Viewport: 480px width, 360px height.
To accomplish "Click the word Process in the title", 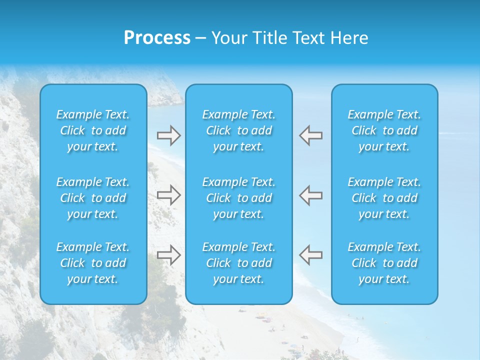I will [157, 38].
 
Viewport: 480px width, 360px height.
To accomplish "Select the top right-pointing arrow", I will [168, 135].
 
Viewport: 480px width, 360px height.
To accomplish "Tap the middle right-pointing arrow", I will [168, 195].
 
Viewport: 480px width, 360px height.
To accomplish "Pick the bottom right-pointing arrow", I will [168, 255].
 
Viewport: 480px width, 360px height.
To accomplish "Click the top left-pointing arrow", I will [310, 135].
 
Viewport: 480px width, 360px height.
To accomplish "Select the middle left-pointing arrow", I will [310, 195].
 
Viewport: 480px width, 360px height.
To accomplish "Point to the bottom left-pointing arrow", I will [310, 255].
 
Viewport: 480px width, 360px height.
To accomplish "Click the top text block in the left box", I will [93, 130].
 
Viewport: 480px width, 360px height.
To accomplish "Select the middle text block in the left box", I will [93, 198].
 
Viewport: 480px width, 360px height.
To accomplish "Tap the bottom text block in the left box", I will [93, 263].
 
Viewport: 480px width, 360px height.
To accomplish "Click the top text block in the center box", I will [239, 130].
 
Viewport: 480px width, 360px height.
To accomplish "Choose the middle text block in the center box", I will [239, 198].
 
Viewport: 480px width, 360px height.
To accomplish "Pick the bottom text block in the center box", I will [239, 263].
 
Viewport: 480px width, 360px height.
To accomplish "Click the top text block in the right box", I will [384, 130].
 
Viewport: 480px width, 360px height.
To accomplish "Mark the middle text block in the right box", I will [384, 198].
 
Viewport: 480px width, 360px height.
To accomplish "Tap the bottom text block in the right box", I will [384, 263].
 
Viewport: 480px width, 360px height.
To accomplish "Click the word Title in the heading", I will [270, 38].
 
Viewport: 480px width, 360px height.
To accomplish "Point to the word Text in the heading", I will [308, 38].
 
